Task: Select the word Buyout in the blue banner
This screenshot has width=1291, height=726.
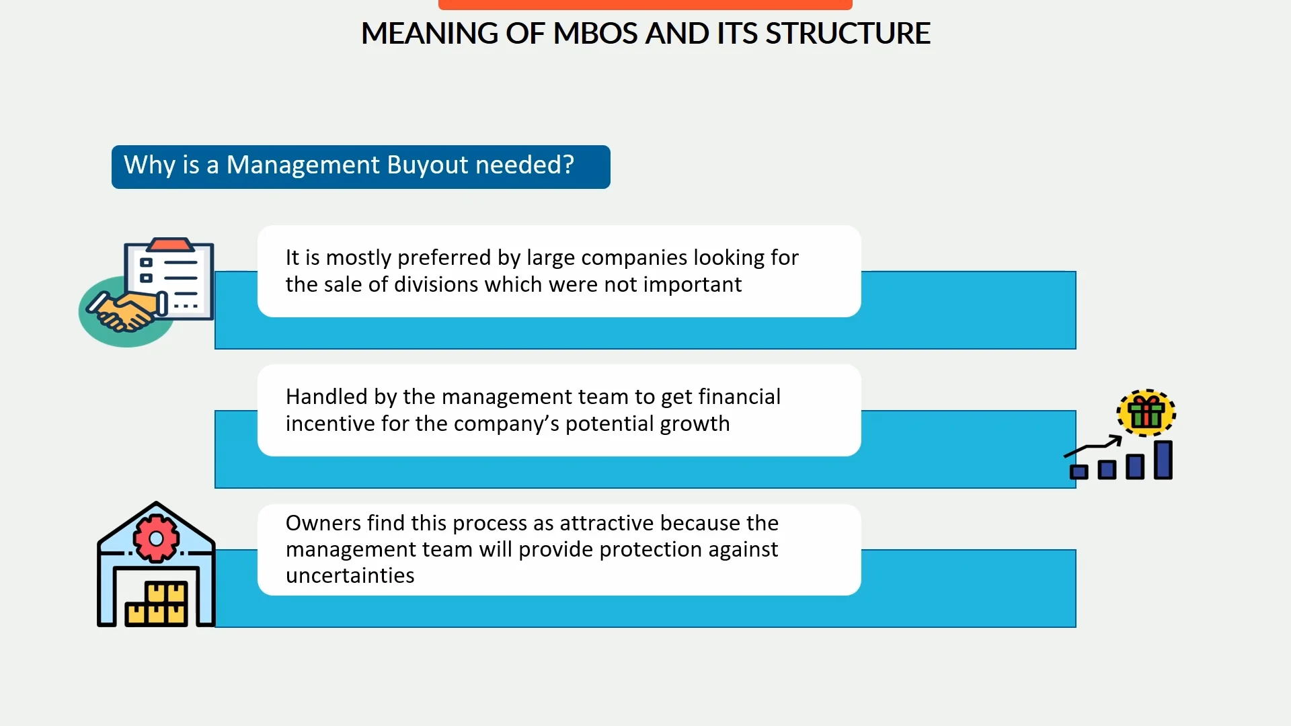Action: pos(428,165)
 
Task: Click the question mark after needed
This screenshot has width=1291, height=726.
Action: pos(568,165)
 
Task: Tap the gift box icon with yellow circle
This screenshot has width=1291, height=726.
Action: pos(1146,413)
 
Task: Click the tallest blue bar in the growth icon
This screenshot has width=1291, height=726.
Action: pos(1163,460)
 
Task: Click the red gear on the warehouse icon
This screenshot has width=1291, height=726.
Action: pos(156,538)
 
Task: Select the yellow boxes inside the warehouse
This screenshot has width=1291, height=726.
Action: pos(157,604)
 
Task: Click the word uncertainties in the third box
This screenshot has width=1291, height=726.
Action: pos(350,576)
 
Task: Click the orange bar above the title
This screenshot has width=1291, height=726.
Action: pos(645,5)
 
